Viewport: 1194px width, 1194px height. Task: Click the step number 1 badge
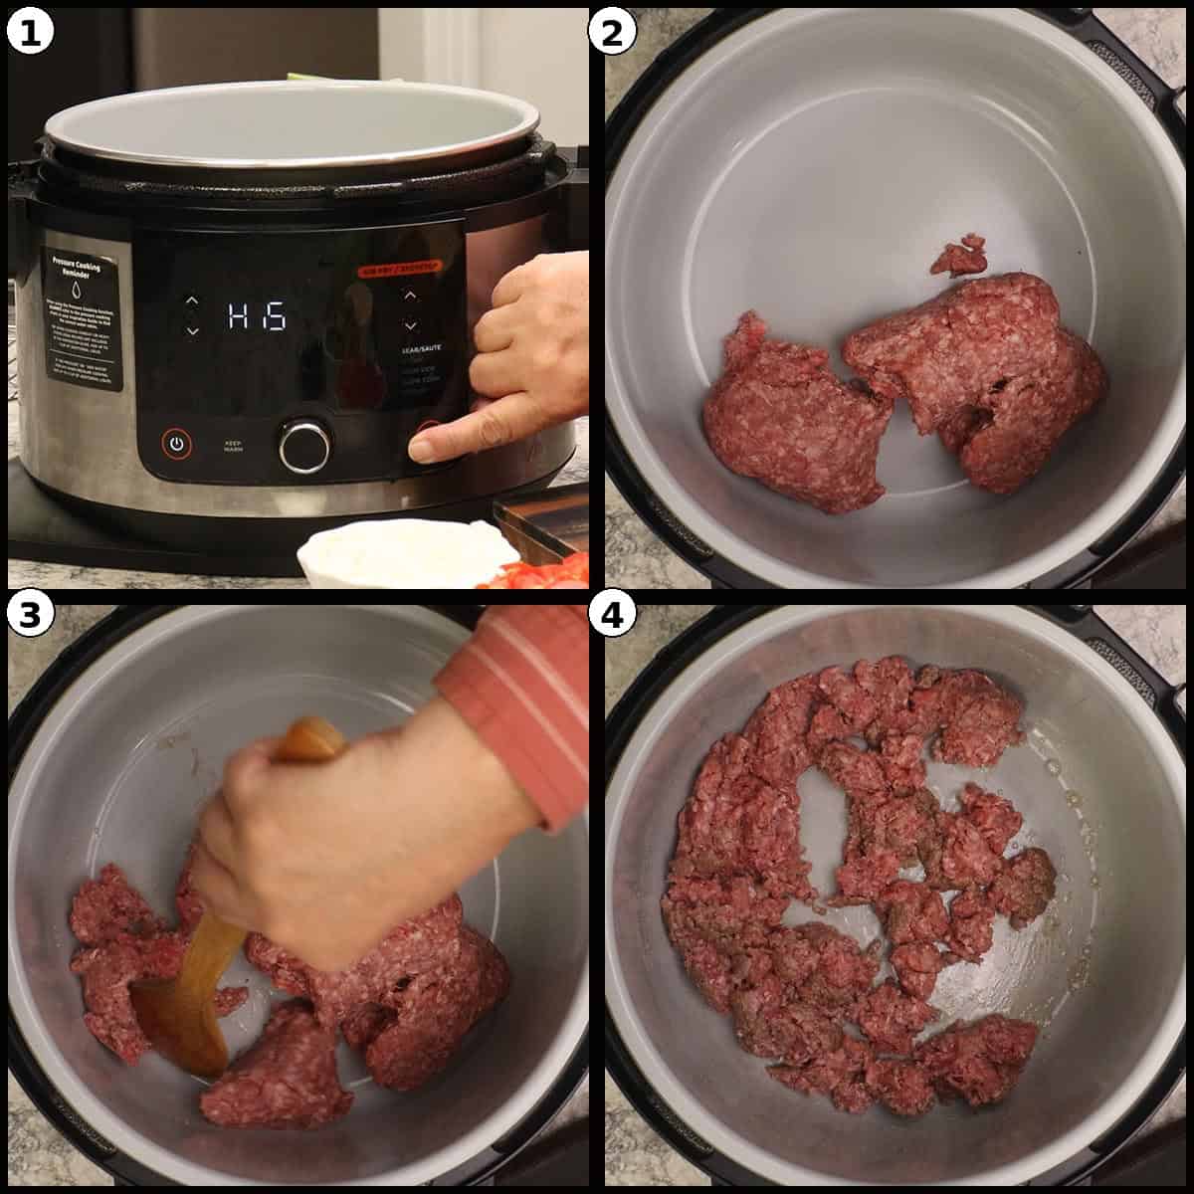click(x=29, y=32)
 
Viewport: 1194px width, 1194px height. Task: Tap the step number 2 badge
click(x=612, y=32)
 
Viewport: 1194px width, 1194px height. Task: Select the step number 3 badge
click(x=29, y=616)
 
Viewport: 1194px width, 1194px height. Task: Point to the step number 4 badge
click(x=612, y=616)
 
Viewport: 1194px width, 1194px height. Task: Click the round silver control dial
click(x=303, y=446)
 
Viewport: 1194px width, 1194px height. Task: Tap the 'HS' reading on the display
click(x=257, y=316)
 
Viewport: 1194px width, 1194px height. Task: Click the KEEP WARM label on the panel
click(x=235, y=445)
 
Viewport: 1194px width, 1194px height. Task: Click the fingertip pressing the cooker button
click(x=423, y=449)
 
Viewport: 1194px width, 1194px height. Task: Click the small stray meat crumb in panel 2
click(x=959, y=256)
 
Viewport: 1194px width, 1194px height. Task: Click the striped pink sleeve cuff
click(x=517, y=696)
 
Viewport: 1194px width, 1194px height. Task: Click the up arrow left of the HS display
click(x=192, y=300)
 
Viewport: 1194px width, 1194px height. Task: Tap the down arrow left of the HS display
click(x=192, y=330)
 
